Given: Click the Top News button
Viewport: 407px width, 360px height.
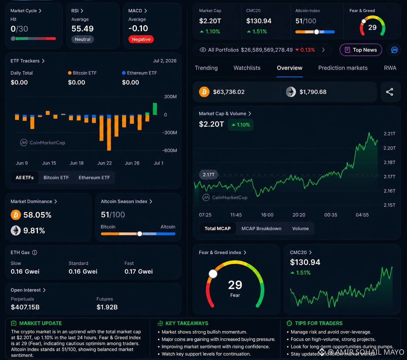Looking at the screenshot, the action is pyautogui.click(x=361, y=50).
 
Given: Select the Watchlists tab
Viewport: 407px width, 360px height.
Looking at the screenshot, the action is pyautogui.click(x=247, y=68).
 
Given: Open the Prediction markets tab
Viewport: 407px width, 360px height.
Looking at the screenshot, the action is pyautogui.click(x=343, y=68).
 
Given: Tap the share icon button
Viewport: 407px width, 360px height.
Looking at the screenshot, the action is pyautogui.click(x=390, y=92).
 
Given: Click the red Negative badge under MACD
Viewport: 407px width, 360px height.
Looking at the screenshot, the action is pyautogui.click(x=141, y=39).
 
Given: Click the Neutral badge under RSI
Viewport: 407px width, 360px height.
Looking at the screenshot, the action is pyautogui.click(x=83, y=39).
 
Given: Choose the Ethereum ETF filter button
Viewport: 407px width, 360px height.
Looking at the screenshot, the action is pyautogui.click(x=94, y=178).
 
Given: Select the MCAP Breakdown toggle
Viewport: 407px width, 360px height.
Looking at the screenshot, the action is pyautogui.click(x=261, y=228).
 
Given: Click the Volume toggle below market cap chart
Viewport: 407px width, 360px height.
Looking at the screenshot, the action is pyautogui.click(x=300, y=228).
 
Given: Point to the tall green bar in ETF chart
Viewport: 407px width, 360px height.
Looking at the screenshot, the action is pyautogui.click(x=155, y=109).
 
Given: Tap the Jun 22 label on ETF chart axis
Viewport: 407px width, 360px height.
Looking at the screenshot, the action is pyautogui.click(x=104, y=163).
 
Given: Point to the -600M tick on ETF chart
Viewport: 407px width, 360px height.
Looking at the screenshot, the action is pyautogui.click(x=170, y=151).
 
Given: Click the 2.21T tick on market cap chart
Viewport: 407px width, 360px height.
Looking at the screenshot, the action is pyautogui.click(x=390, y=134).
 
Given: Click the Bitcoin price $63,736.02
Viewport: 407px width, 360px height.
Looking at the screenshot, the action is pyautogui.click(x=229, y=92).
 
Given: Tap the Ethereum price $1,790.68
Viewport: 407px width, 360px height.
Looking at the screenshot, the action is pyautogui.click(x=313, y=92).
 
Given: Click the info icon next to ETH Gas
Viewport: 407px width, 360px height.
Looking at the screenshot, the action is pyautogui.click(x=34, y=253).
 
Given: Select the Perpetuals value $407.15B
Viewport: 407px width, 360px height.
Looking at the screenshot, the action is pyautogui.click(x=25, y=307).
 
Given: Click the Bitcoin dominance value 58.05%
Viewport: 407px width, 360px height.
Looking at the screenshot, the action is pyautogui.click(x=37, y=215).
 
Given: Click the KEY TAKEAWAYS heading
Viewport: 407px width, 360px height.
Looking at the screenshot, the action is pyautogui.click(x=187, y=323).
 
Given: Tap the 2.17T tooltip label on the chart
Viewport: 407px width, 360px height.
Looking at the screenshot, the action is pyautogui.click(x=208, y=175).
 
